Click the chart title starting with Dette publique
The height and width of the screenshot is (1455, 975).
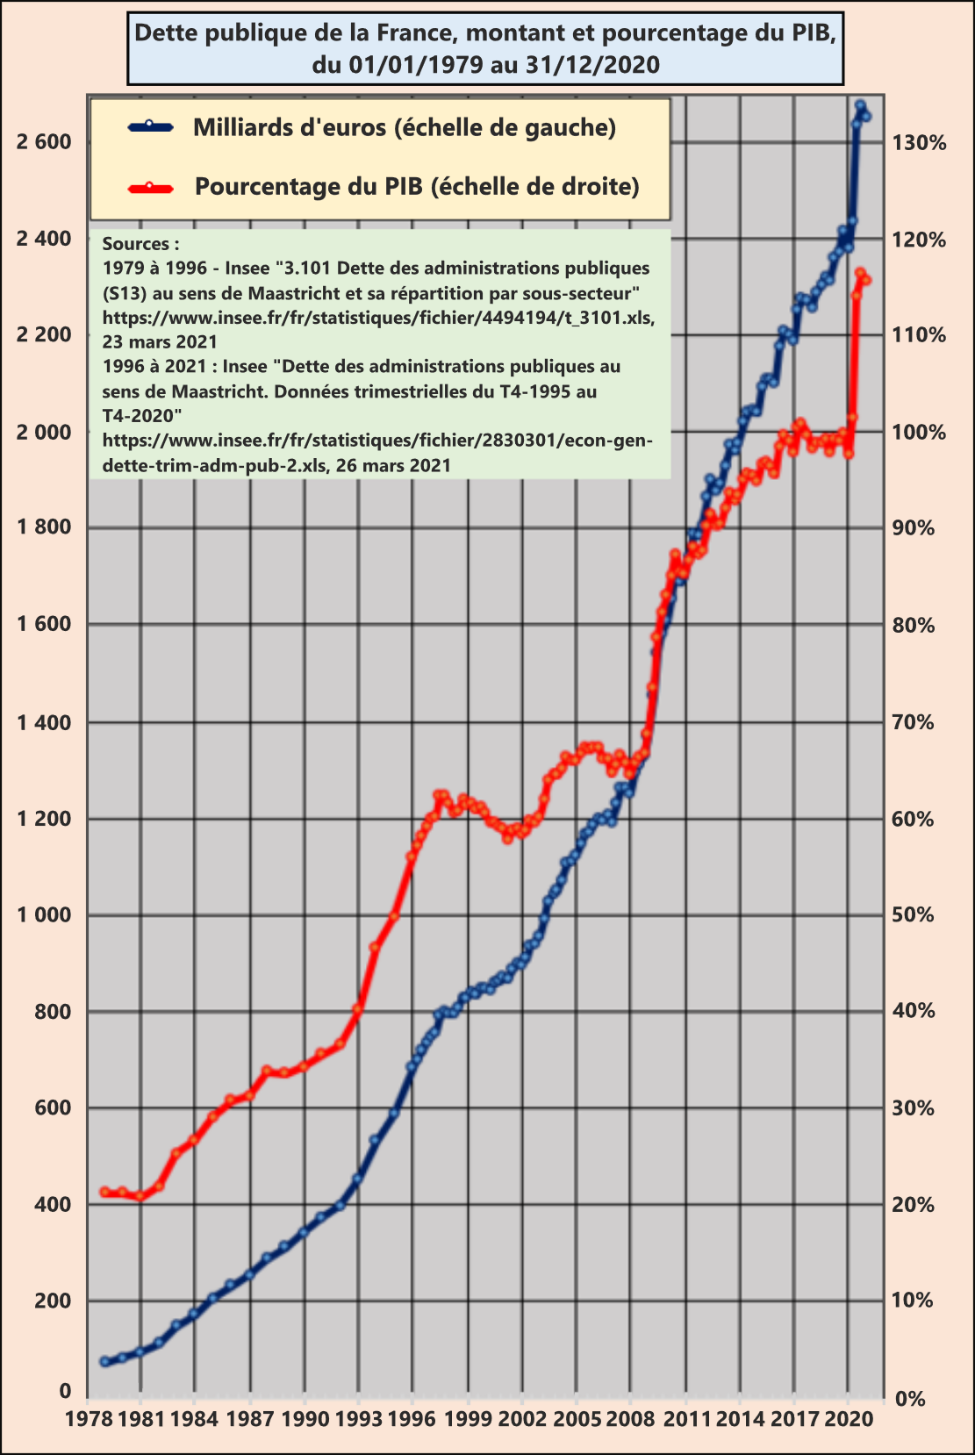(x=485, y=48)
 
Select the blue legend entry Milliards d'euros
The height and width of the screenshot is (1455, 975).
(x=405, y=128)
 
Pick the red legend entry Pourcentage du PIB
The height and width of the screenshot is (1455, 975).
(x=417, y=187)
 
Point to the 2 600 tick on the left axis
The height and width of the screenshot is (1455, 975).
(x=44, y=142)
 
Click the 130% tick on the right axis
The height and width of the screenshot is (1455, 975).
(x=919, y=142)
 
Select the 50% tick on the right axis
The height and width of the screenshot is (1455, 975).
(x=914, y=915)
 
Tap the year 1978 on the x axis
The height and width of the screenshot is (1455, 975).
(x=88, y=1418)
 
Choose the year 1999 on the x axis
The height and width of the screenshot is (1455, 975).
(x=468, y=1418)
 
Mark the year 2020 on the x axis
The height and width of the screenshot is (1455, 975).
(x=848, y=1418)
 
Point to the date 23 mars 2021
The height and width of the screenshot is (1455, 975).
(x=160, y=341)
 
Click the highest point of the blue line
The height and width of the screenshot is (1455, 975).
(x=860, y=105)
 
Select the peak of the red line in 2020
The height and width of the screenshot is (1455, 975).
(x=860, y=273)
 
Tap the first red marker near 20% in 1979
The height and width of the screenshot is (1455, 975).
(x=104, y=1192)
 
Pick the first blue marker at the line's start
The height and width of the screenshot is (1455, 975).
(x=104, y=1361)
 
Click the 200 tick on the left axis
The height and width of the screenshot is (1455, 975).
(x=53, y=1301)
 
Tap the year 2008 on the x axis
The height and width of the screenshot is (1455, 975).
(x=630, y=1418)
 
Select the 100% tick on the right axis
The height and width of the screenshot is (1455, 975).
(x=919, y=432)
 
